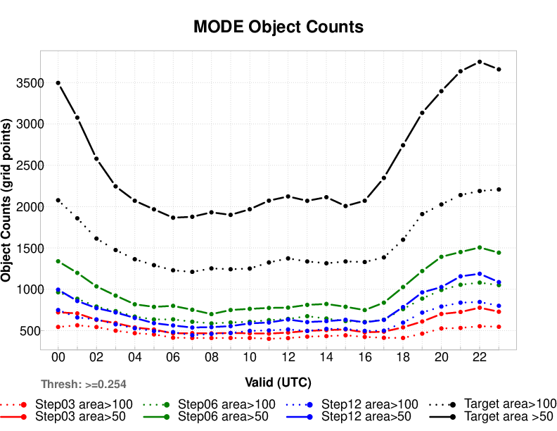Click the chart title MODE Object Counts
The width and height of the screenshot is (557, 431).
[278, 27]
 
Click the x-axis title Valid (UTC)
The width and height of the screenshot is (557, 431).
[278, 382]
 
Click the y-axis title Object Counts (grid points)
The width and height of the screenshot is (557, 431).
[8, 201]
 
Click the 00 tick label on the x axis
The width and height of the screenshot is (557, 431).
[58, 358]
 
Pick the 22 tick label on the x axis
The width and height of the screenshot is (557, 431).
[480, 358]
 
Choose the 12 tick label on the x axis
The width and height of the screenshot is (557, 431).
[288, 358]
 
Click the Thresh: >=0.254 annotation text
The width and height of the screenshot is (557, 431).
[84, 385]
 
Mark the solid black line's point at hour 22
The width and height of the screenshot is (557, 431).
[480, 62]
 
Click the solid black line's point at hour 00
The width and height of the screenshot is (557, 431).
[58, 83]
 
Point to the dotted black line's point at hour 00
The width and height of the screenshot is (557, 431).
[58, 200]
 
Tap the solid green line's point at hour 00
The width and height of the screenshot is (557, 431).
[58, 261]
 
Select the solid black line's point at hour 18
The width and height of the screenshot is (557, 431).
[403, 145]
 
